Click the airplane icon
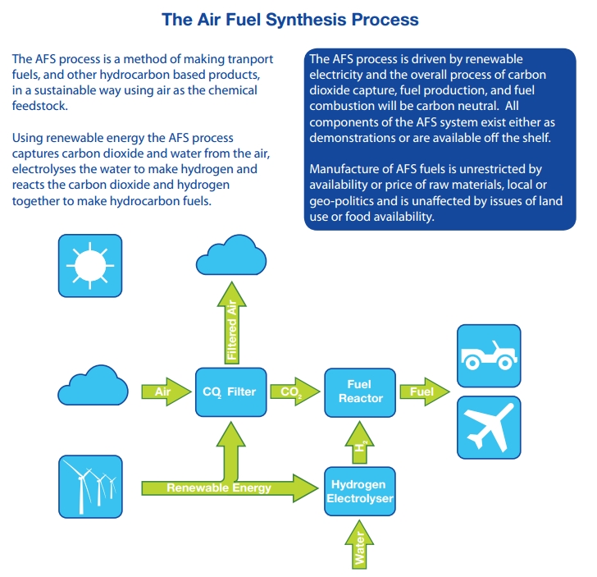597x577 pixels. [x=488, y=427]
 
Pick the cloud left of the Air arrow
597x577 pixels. [x=90, y=387]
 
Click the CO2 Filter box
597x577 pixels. [x=230, y=392]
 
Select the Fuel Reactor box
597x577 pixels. [x=360, y=392]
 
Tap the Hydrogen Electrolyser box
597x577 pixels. [x=360, y=491]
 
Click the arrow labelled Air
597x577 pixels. [x=166, y=392]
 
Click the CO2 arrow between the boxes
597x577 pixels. [x=294, y=392]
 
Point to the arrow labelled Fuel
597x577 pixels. [x=425, y=392]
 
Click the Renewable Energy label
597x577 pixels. [x=219, y=488]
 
